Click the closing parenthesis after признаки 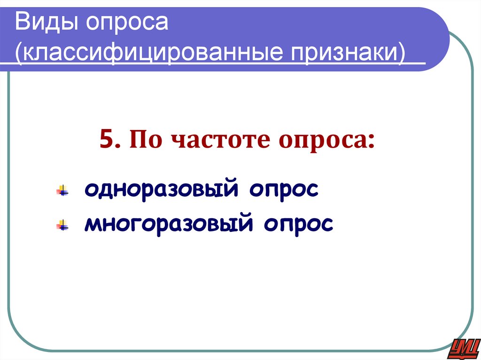(401, 53)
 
